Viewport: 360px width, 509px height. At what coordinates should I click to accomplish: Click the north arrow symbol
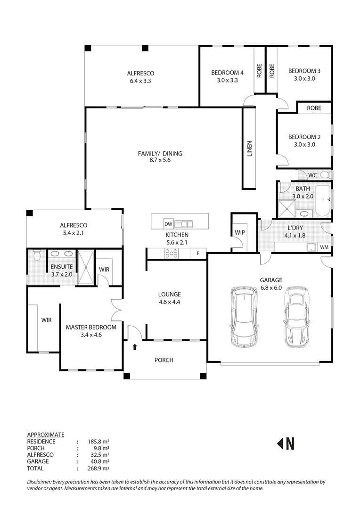click(285, 443)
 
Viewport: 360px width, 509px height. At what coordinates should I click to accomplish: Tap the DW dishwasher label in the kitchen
click(168, 223)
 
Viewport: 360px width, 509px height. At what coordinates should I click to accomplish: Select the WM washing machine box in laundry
click(324, 247)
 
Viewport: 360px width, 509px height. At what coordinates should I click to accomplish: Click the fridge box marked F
click(198, 254)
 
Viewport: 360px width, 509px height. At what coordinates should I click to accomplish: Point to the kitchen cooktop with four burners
click(172, 254)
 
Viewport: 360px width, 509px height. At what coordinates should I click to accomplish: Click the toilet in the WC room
click(325, 175)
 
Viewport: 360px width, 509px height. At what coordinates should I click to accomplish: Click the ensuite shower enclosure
click(86, 268)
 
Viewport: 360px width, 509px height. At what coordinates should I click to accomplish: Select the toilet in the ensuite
click(37, 256)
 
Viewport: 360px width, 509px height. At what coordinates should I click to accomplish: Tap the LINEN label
click(249, 148)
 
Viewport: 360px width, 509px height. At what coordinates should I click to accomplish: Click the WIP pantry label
click(239, 232)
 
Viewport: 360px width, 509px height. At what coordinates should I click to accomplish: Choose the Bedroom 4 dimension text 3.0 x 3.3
click(227, 80)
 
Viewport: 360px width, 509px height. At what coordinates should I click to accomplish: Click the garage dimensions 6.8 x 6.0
click(270, 287)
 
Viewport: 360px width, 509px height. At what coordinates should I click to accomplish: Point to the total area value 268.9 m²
click(98, 468)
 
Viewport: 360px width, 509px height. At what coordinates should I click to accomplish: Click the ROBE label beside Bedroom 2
click(314, 108)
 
